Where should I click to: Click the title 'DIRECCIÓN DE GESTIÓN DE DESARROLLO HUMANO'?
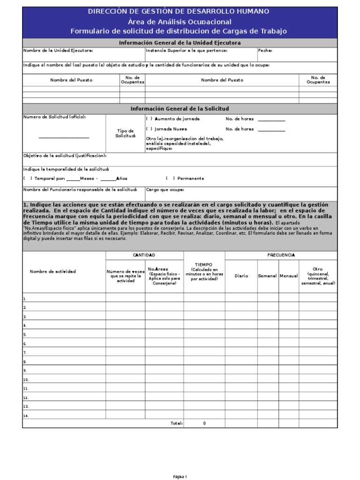pos(179,12)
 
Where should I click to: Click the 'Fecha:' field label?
pos(265,51)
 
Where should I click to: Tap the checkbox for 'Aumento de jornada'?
pos(149,119)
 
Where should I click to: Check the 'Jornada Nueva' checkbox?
pos(149,129)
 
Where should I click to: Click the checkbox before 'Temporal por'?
pos(28,179)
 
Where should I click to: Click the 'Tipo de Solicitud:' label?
pos(125,133)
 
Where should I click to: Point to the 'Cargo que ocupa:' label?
pos(165,190)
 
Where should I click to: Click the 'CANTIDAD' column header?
pos(144,255)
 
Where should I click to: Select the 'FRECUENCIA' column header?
pos(281,255)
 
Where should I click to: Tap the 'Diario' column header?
pos(241,276)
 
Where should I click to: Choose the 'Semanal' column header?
pos(268,276)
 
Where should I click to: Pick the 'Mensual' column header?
pos(289,276)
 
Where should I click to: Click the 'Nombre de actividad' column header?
pos(52,271)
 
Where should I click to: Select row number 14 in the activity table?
pos(26,415)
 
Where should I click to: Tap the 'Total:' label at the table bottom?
pos(176,423)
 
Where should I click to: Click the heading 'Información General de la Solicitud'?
pos(180,109)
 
